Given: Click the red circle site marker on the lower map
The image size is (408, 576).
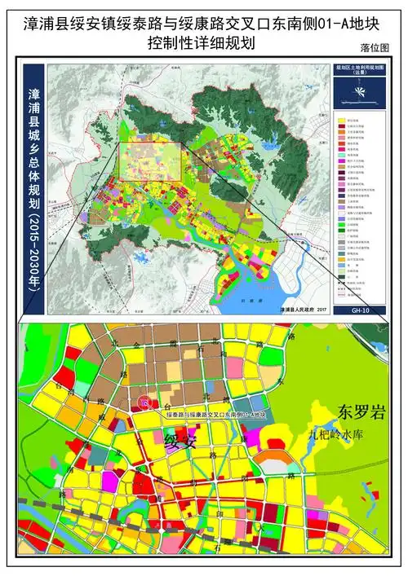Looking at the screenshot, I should tap(144, 402).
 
